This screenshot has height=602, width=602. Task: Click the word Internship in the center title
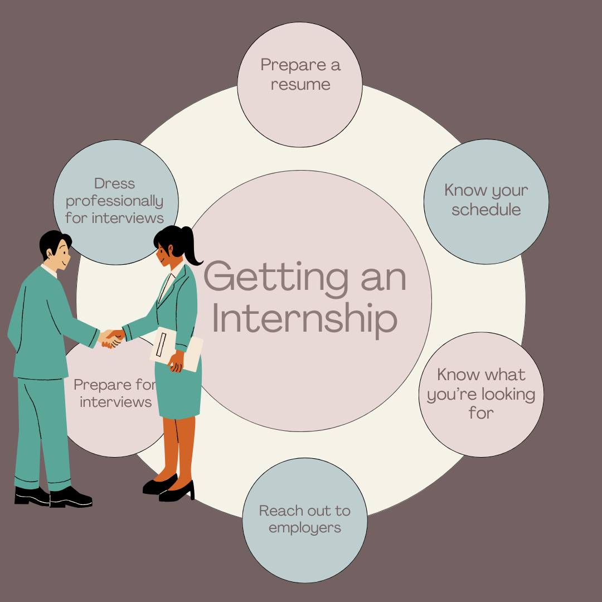(x=304, y=319)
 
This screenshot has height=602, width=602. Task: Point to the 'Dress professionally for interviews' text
(x=114, y=201)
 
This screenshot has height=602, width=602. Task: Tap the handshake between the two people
(x=112, y=338)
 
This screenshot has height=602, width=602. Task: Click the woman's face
(x=165, y=254)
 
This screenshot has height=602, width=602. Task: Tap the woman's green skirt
(x=178, y=393)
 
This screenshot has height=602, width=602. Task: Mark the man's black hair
(x=53, y=240)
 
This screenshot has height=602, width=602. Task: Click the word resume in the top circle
(x=300, y=85)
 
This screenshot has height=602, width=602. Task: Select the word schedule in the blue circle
(x=486, y=210)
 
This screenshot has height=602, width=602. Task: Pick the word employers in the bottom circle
(x=305, y=527)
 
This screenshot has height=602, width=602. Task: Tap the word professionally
(x=114, y=201)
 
